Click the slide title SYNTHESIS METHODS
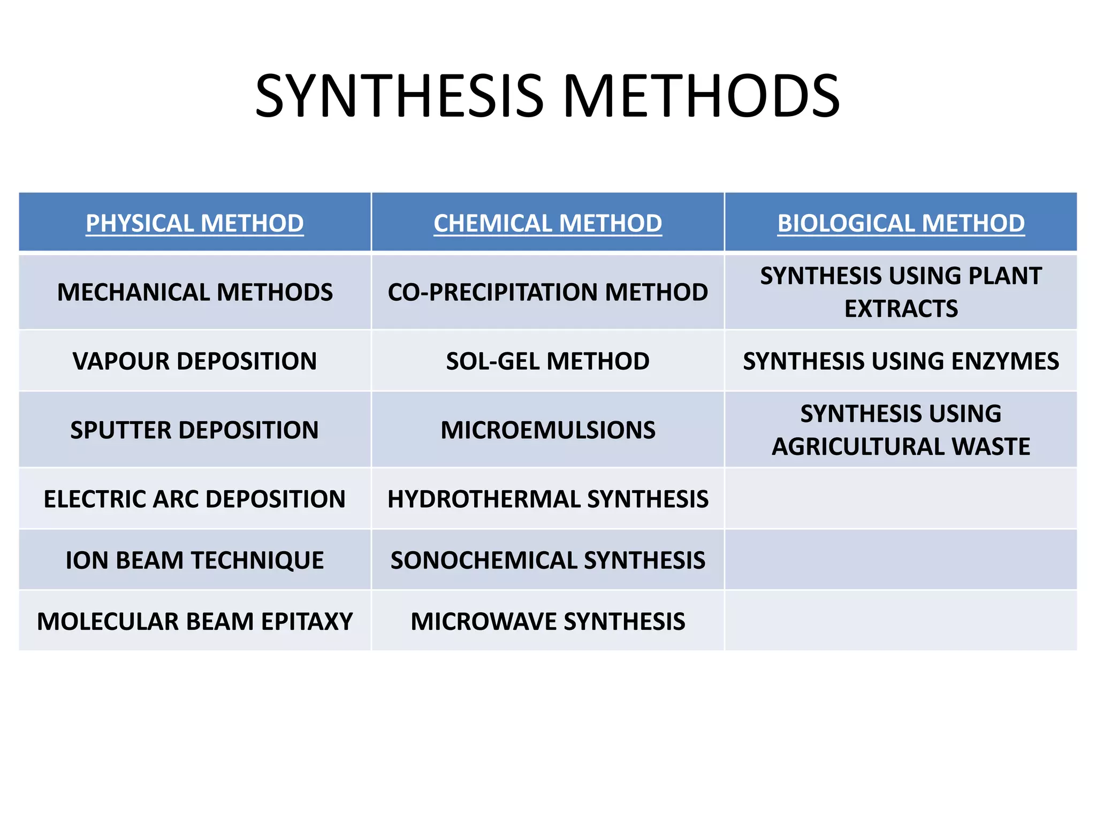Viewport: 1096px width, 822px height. click(547, 96)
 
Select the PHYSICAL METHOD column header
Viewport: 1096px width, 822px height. click(195, 223)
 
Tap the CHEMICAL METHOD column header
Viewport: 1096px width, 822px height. click(547, 223)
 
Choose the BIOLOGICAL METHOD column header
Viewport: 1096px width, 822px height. click(901, 223)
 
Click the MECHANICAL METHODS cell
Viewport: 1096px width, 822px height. click(195, 292)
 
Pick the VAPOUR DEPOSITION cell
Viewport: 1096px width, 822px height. click(195, 361)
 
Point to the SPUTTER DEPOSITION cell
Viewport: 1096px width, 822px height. click(195, 430)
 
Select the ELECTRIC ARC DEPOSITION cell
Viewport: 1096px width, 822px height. click(195, 499)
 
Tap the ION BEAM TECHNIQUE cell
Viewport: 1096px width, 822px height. click(195, 560)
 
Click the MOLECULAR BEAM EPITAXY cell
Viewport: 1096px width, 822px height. click(195, 621)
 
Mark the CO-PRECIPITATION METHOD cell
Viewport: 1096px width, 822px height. click(547, 292)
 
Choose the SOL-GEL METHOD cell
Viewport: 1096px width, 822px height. click(547, 361)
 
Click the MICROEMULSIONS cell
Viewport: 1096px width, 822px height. click(547, 430)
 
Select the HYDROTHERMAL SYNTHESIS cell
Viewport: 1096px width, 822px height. click(547, 499)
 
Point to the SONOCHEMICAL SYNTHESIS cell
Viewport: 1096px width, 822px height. click(547, 560)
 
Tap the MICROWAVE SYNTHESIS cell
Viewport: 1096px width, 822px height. click(547, 621)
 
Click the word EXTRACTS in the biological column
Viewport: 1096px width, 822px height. click(901, 309)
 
